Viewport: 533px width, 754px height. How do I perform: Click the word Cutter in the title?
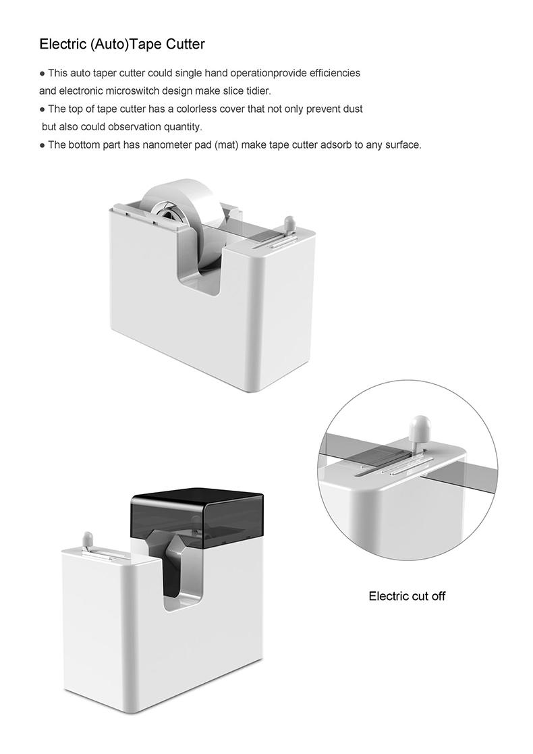(186, 45)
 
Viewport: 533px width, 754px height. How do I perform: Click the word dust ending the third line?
(353, 109)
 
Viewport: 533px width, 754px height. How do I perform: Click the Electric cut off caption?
(407, 596)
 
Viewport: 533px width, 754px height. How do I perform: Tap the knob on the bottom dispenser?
(87, 538)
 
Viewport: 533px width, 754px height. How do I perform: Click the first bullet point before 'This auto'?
(43, 74)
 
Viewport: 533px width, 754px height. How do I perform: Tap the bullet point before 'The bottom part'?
(43, 145)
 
